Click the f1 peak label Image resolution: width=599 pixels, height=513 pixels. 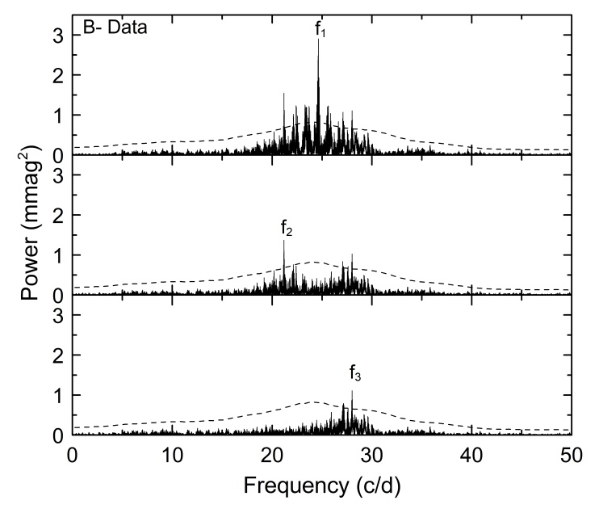[320, 31]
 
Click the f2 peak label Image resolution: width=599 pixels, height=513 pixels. [286, 230]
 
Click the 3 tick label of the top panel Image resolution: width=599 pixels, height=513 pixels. [57, 36]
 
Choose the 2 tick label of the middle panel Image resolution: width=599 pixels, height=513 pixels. [57, 216]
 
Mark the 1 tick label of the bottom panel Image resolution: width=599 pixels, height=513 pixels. [57, 396]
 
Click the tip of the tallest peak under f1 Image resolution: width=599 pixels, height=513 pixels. [318, 40]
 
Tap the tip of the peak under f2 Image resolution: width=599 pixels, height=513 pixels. [284, 241]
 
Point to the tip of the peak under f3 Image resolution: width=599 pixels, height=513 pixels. [352, 391]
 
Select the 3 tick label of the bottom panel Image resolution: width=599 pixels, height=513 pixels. [57, 316]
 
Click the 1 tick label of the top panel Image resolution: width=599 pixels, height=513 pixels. [57, 116]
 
